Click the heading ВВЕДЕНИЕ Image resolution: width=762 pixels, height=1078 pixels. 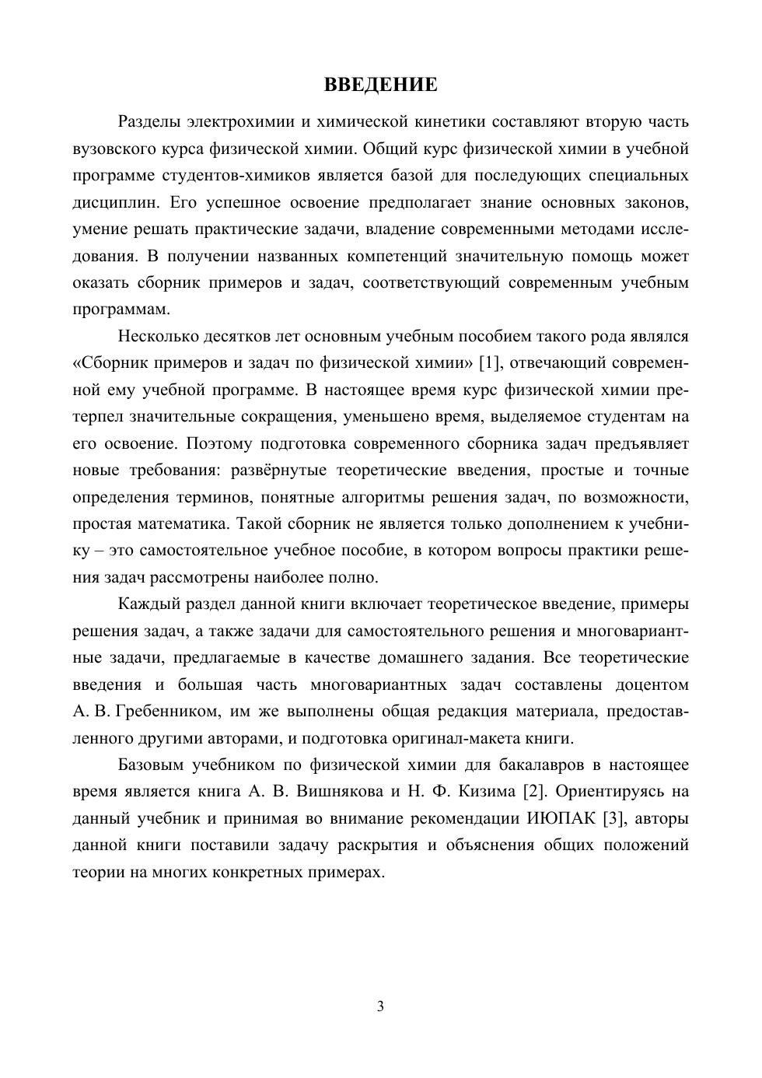[380, 85]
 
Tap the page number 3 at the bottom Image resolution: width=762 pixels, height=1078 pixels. [380, 1006]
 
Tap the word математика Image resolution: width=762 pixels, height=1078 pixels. [183, 524]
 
